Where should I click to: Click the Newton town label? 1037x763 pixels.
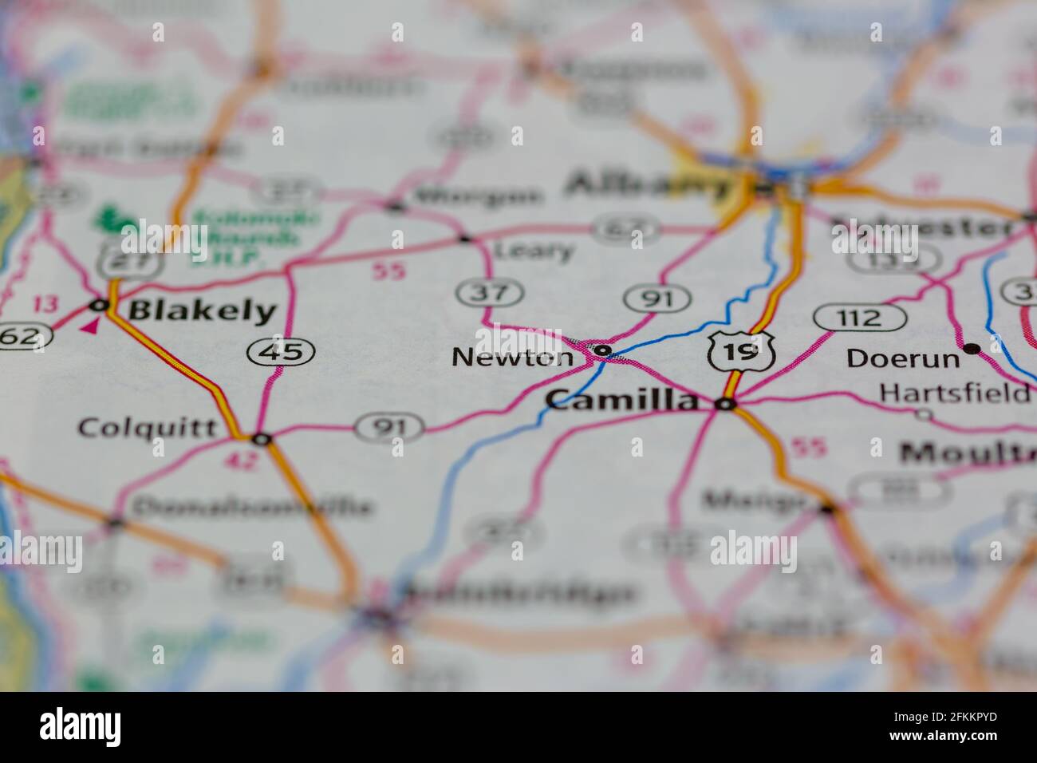(512, 358)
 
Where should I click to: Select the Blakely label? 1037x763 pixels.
(202, 310)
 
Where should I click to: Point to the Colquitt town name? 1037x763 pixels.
(148, 428)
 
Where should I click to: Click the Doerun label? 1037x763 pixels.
(903, 358)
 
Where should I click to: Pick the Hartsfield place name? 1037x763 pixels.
(953, 393)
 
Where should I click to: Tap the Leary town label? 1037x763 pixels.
(534, 251)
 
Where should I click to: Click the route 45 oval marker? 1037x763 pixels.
(281, 350)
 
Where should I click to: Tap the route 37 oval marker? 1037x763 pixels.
(490, 293)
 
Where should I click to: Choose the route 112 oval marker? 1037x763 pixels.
(860, 318)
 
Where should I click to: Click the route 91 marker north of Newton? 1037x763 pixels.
(657, 299)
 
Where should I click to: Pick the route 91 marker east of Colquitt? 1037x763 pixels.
(389, 428)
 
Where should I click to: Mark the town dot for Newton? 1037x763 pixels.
(603, 350)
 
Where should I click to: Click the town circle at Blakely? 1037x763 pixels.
(99, 305)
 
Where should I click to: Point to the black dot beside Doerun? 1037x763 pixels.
(971, 348)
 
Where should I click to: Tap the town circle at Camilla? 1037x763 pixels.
(725, 405)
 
